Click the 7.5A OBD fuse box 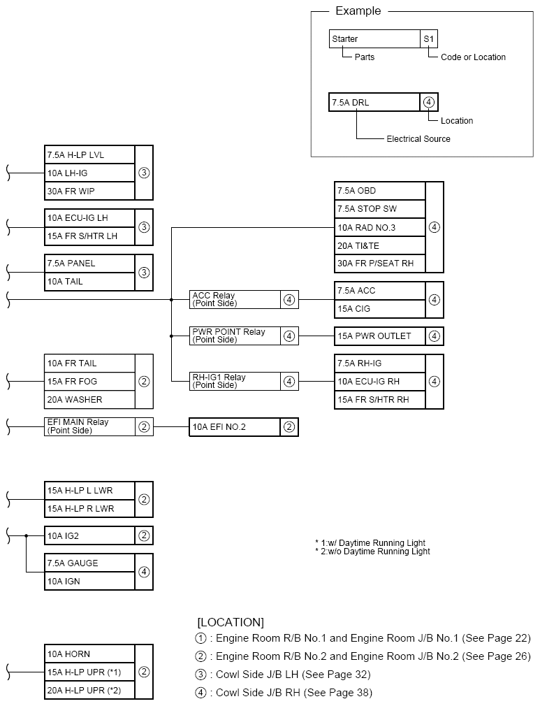click(380, 191)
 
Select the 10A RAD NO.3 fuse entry click(380, 227)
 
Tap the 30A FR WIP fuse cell click(89, 191)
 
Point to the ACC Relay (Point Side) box click(235, 300)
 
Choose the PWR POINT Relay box click(235, 336)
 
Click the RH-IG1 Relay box click(235, 381)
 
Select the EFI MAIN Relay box click(89, 426)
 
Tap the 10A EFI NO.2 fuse click(235, 427)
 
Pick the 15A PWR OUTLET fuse click(380, 336)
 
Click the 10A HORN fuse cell click(89, 654)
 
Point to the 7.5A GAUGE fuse click(89, 563)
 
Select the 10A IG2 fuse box click(89, 535)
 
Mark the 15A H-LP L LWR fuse click(89, 491)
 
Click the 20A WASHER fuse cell click(89, 400)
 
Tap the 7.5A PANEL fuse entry click(89, 264)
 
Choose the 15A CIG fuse click(380, 309)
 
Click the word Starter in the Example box click(345, 39)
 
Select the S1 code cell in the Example click(429, 39)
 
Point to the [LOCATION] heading click(231, 622)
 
